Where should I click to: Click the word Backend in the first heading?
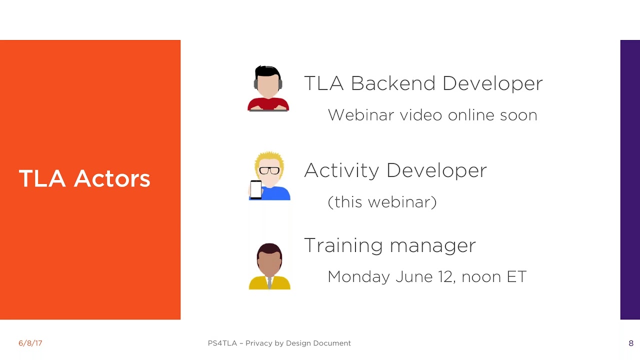(393, 83)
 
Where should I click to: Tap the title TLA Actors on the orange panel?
(84, 178)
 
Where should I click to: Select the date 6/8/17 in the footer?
(30, 343)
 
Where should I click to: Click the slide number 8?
(631, 343)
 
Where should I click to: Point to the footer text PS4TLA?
(222, 343)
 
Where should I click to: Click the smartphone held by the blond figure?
(256, 189)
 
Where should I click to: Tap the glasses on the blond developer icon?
(269, 170)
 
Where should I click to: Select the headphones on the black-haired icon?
(268, 83)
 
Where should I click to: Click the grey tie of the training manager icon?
(269, 282)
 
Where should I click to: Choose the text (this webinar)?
(382, 202)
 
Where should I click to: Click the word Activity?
(341, 171)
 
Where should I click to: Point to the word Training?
(343, 245)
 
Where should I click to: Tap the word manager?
(433, 246)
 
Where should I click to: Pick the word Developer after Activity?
(436, 171)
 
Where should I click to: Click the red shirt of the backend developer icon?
(268, 104)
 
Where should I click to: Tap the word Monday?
(358, 277)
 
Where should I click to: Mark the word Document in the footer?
(332, 343)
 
